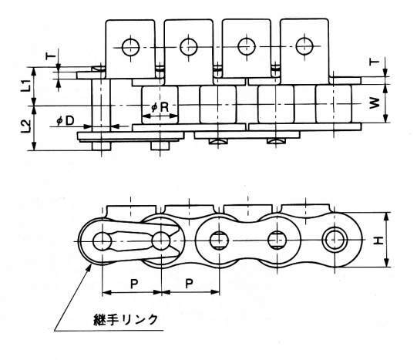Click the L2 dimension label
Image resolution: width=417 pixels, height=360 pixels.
(x=25, y=126)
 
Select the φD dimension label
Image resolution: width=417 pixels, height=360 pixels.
(x=66, y=121)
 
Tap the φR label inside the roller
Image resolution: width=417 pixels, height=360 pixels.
(x=160, y=107)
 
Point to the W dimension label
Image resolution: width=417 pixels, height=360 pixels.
(x=375, y=103)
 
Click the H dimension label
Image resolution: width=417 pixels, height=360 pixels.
(x=378, y=241)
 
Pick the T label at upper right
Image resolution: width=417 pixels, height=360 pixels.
(x=375, y=62)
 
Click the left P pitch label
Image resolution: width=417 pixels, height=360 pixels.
(x=134, y=284)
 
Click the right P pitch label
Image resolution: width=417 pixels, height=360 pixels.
(x=189, y=284)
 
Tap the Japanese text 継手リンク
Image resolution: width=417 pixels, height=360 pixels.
(x=126, y=320)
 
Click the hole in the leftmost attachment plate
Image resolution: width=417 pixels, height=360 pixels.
(x=130, y=47)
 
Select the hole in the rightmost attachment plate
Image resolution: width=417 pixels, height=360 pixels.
(x=304, y=46)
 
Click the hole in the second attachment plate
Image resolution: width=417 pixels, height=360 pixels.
(x=189, y=47)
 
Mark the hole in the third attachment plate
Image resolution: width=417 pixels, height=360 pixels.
(x=247, y=46)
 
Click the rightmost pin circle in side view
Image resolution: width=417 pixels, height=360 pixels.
(x=335, y=241)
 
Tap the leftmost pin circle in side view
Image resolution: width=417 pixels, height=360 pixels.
(x=102, y=241)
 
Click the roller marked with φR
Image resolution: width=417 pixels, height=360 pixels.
(x=160, y=105)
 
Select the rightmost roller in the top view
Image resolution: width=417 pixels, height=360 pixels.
(x=334, y=104)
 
